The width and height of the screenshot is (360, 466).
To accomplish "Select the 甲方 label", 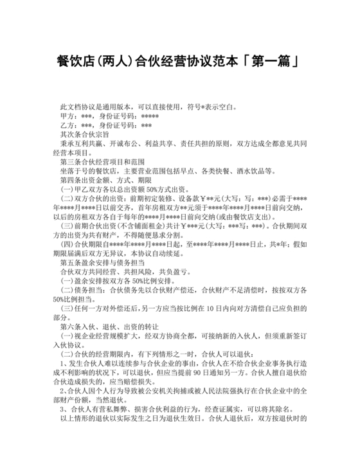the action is [66, 117].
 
